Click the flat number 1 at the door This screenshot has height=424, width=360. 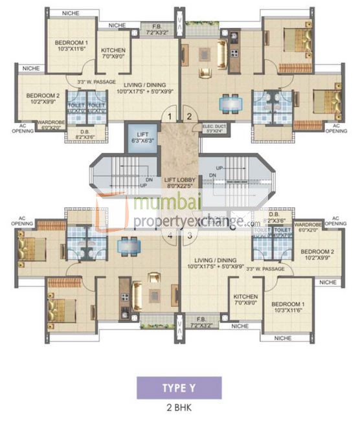tap(170, 117)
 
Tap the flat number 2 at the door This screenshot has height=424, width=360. tap(189, 117)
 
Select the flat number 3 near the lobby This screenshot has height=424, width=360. tap(189, 236)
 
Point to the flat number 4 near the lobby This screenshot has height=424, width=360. tap(170, 236)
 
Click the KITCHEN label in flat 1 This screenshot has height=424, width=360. tap(113, 53)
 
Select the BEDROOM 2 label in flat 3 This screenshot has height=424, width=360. tap(317, 254)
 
